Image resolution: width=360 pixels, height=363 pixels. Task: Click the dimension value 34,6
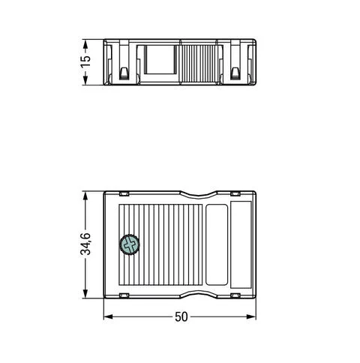point(85,244)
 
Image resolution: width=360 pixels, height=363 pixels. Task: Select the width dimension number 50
point(180,316)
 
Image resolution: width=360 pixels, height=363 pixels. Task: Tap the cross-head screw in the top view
point(130,244)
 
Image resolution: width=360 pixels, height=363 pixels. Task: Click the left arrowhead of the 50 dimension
point(106,316)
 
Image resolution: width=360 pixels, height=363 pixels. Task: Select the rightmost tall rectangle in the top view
point(241,244)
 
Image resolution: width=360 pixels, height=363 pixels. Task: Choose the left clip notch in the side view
point(123,73)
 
